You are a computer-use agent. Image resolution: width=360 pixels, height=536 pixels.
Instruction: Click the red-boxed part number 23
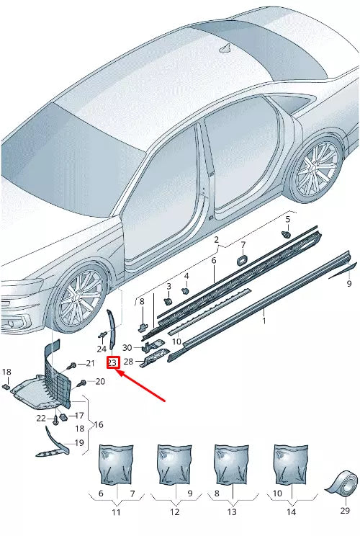click(x=112, y=362)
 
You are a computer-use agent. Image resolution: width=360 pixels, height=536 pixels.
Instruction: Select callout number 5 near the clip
click(x=287, y=219)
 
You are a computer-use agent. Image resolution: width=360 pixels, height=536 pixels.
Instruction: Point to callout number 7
click(x=243, y=245)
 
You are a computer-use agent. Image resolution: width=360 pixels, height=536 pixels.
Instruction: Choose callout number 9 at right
click(x=349, y=284)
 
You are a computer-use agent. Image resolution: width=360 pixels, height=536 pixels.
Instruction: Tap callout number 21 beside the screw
click(x=90, y=362)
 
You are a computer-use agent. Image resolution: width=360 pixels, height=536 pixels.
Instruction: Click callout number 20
click(x=99, y=381)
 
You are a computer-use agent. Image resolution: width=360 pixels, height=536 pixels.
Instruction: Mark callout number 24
click(x=102, y=349)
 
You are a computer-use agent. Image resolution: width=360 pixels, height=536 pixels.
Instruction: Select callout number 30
click(x=127, y=348)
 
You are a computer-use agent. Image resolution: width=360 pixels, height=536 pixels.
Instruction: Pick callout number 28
click(x=129, y=361)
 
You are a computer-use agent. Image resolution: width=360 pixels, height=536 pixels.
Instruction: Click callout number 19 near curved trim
click(x=79, y=443)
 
